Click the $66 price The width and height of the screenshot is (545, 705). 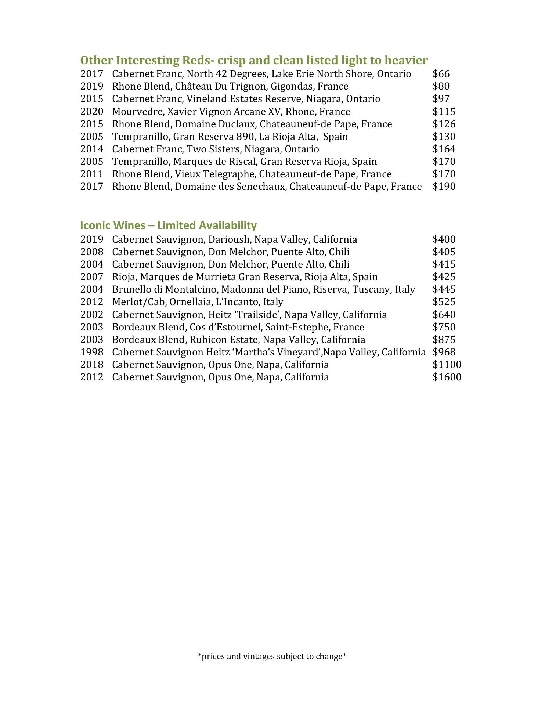441,74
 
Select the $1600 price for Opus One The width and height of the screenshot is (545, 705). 447,377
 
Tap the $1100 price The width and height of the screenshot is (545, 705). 447,365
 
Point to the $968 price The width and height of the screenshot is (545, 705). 444,352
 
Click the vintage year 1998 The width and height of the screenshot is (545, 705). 92,352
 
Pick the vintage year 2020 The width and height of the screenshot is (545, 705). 92,111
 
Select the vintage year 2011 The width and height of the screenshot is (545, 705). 92,174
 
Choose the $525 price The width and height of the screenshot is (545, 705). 444,302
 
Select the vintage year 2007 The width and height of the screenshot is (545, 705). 92,277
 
